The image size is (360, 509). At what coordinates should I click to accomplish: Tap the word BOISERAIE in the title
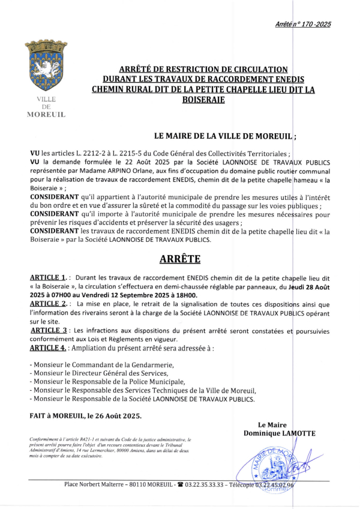[203, 100]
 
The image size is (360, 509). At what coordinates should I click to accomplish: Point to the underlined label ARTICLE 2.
[47, 304]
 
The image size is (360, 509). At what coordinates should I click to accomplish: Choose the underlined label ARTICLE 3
[48, 330]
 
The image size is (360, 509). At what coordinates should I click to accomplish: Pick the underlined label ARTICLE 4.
[48, 348]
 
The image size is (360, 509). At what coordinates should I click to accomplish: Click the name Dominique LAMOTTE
[279, 433]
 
